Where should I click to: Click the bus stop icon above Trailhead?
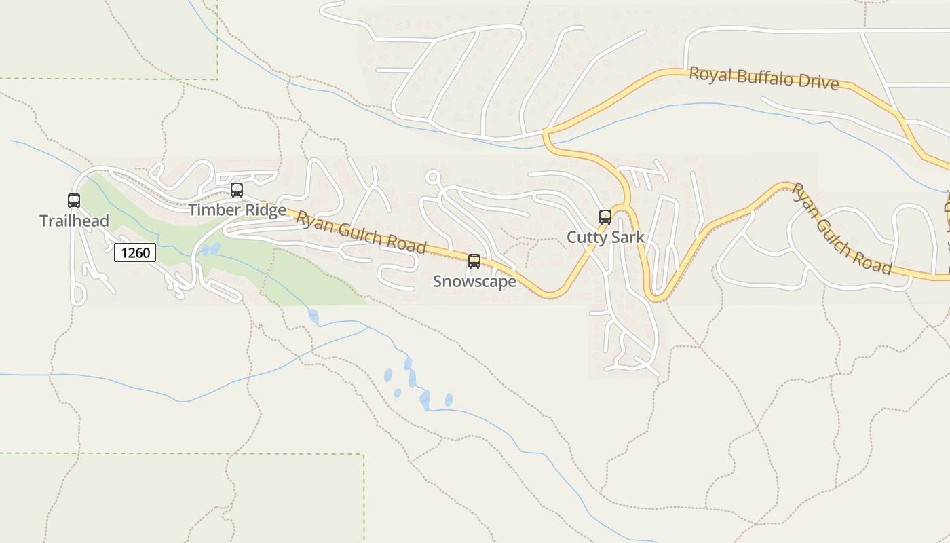(x=74, y=201)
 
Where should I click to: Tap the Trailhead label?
(x=74, y=221)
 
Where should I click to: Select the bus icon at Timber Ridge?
(x=237, y=190)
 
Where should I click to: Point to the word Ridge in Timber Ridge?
(x=265, y=210)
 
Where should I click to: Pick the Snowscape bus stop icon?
(x=474, y=261)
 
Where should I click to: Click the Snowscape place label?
(x=474, y=282)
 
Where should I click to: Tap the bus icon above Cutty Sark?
(x=605, y=217)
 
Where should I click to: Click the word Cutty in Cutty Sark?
(x=587, y=238)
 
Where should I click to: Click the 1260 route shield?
(x=135, y=253)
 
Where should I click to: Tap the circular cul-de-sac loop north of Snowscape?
(x=433, y=177)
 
